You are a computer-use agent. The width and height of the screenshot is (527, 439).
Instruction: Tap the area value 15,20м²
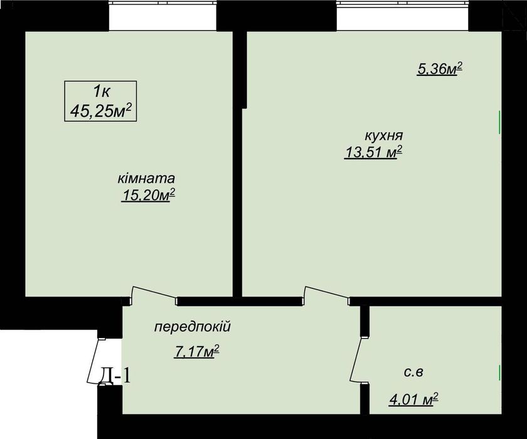click(148, 196)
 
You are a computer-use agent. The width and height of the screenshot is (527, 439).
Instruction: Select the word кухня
click(383, 135)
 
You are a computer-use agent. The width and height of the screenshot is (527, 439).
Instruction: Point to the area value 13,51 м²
click(373, 152)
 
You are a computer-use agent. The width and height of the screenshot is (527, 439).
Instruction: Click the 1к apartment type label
click(100, 92)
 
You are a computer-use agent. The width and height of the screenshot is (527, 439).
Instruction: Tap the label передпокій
click(193, 327)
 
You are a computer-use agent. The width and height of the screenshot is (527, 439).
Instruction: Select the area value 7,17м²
click(196, 351)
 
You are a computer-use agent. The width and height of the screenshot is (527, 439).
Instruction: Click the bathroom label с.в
click(413, 373)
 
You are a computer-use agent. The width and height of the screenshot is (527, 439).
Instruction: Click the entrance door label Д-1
click(115, 376)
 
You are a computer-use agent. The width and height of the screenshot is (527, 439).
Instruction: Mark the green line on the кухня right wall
click(499, 122)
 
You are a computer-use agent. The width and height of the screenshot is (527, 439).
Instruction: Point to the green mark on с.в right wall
click(499, 373)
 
